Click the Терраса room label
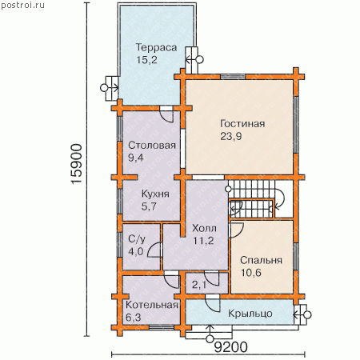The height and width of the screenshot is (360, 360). point(156,48)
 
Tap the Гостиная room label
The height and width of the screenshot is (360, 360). point(242,124)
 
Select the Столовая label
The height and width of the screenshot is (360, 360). point(152,146)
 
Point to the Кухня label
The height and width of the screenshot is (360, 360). point(155,194)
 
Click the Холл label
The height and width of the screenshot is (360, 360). point(204,229)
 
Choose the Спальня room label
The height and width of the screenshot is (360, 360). point(261,260)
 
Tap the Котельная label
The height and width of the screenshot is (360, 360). point(152,305)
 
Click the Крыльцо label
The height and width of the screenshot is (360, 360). point(250,314)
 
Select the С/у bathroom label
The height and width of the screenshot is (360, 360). point(137,239)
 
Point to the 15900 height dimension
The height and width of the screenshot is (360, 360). point(77,164)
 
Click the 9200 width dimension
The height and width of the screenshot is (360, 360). point(231,347)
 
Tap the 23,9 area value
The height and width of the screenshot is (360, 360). point(231,137)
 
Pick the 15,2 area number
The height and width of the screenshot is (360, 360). point(146,60)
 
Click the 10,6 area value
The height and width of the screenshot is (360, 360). point(251,273)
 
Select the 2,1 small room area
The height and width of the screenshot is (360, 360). point(199,286)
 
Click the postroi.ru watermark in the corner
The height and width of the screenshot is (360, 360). point(22,6)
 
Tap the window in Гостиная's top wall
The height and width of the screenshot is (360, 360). point(233,77)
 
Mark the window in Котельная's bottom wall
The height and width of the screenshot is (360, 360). point(162,328)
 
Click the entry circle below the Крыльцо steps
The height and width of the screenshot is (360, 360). point(210,339)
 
